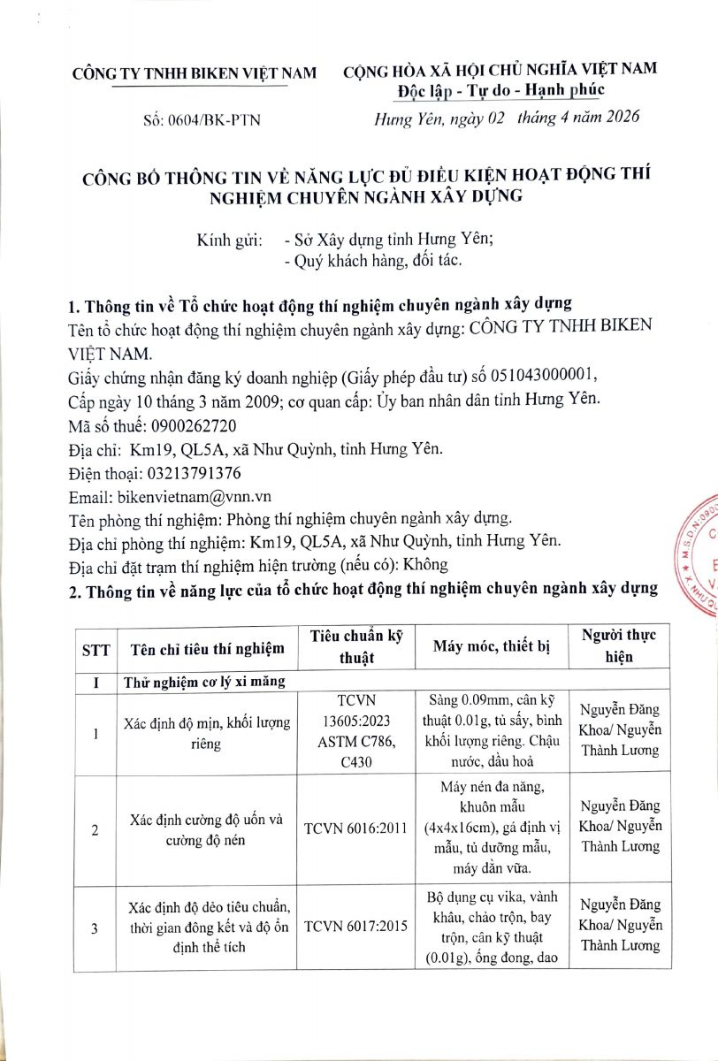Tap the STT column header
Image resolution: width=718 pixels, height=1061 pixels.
(95, 649)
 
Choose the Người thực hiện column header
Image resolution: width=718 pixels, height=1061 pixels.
(619, 647)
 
